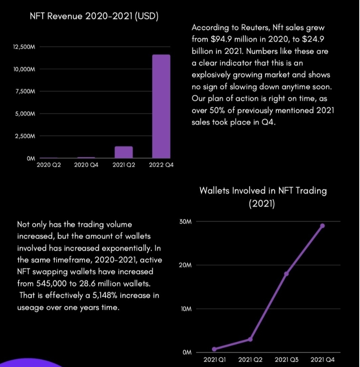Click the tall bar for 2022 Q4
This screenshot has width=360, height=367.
pos(161,106)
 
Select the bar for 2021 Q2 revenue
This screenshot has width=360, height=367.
pos(124,152)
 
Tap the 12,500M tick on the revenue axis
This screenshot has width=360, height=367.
pos(24,47)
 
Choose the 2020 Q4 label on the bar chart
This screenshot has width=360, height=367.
pos(86,165)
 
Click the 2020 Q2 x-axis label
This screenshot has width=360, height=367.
pos(48,165)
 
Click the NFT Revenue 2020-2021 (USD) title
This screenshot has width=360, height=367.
pos(94,17)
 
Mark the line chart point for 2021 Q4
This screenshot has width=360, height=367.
pos(322,226)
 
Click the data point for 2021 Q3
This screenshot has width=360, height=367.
pos(286,274)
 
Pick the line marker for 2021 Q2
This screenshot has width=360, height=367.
pos(250,339)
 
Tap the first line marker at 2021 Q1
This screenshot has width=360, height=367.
pos(214,349)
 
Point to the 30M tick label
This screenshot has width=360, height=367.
pos(185,222)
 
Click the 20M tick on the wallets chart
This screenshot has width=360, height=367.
pos(185,266)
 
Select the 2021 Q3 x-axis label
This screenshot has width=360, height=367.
pos(286,360)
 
